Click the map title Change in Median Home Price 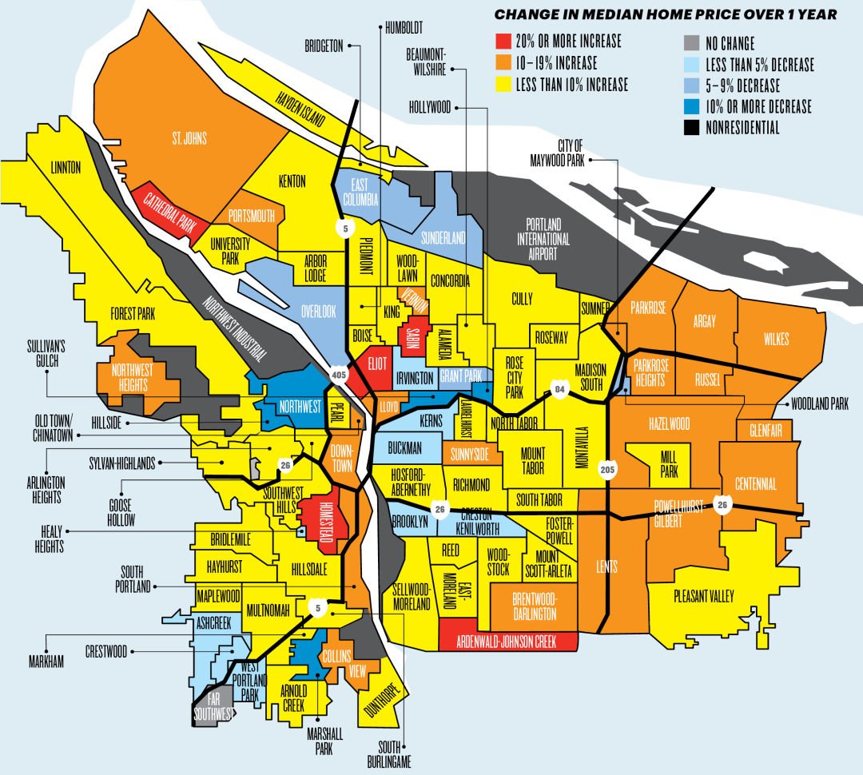pos(665,14)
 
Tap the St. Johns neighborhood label pos(189,139)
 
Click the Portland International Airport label pos(543,231)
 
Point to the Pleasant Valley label pos(703,596)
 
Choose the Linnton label pos(66,168)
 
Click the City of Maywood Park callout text pos(568,152)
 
